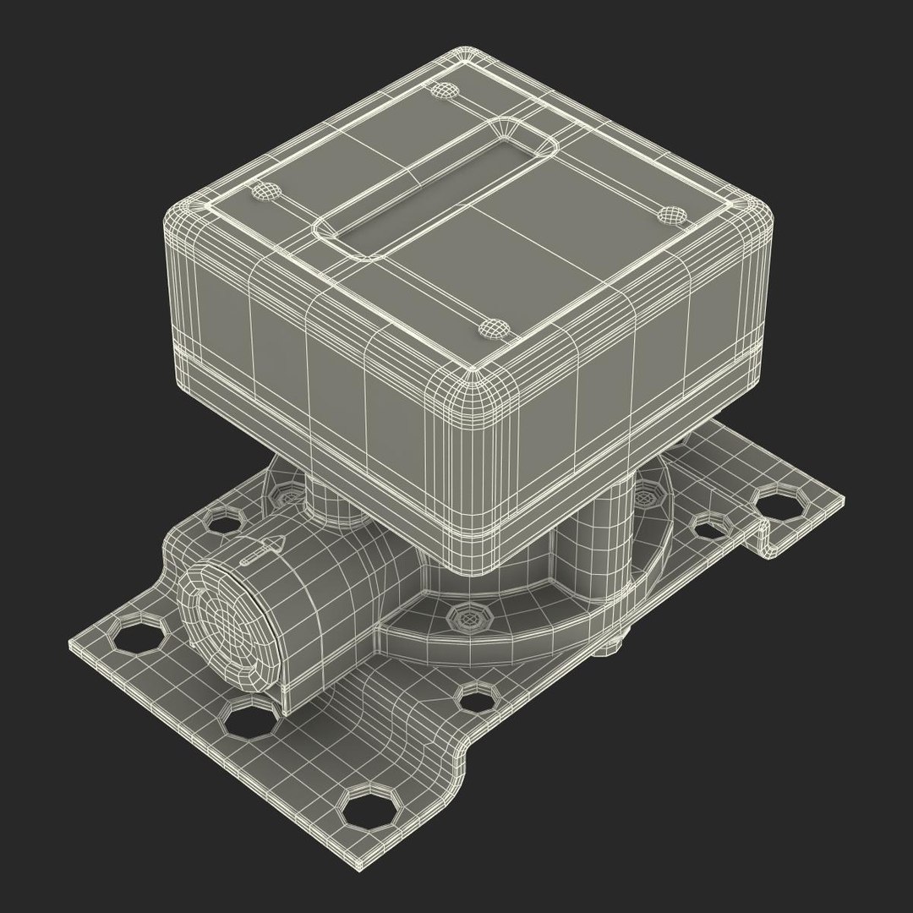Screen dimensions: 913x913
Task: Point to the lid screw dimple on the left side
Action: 266,192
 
